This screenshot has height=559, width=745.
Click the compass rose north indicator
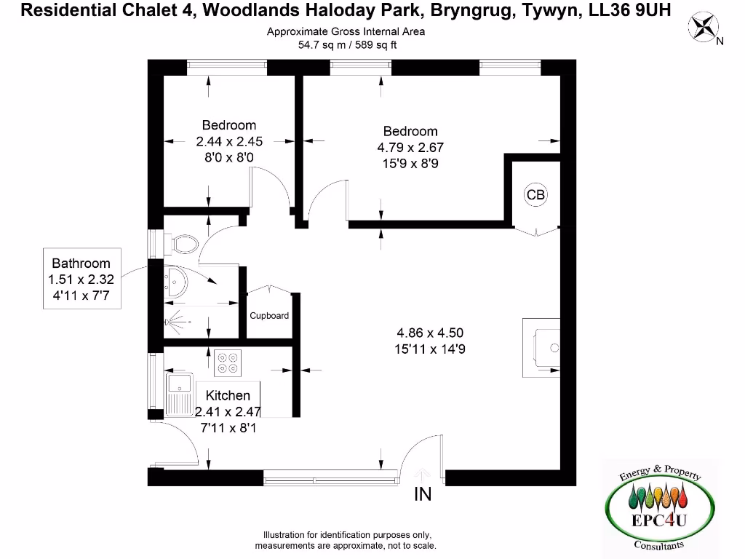point(704,28)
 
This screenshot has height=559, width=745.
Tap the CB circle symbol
point(535,194)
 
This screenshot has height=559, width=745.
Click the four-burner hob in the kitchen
point(228,362)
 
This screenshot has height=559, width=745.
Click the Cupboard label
point(269,316)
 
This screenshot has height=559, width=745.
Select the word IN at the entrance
point(423,494)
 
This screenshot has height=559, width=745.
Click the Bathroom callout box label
point(81,263)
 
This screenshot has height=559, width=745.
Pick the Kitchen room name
point(228,395)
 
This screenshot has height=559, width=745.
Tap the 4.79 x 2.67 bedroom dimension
point(410,147)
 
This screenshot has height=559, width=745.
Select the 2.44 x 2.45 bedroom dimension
point(228,141)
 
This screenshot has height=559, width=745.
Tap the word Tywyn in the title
point(549,11)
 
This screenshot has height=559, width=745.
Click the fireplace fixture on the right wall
point(543,348)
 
